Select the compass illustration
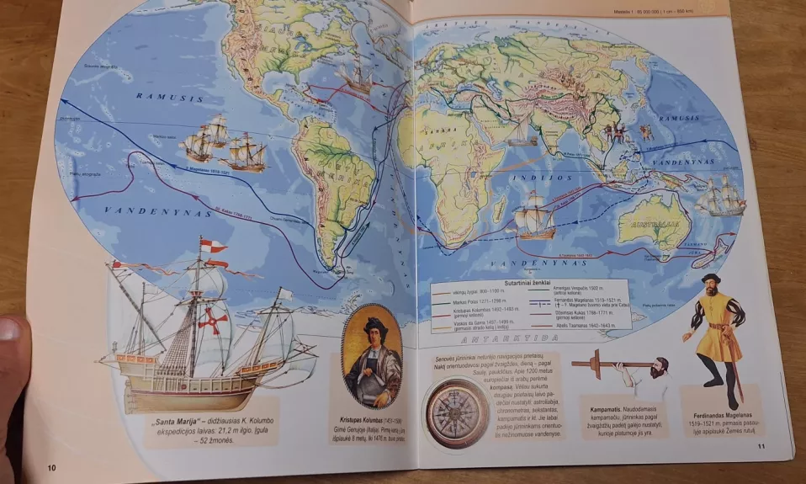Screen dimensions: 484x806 (457, 412)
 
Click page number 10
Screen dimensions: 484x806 (51, 468)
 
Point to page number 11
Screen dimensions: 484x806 (761, 448)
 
